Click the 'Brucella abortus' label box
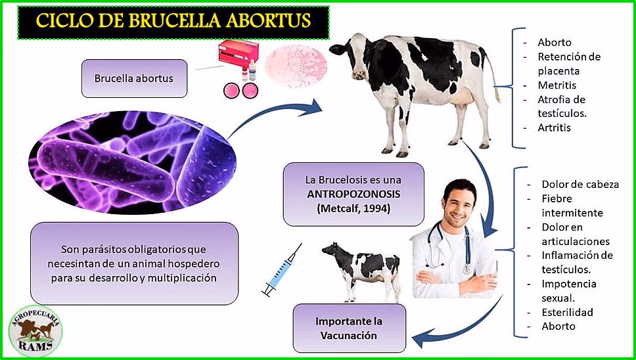tap(133, 78)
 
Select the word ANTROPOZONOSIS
tap(352, 194)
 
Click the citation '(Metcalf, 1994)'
tap(353, 209)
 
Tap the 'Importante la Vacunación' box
tap(349, 328)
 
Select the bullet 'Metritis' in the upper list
tap(556, 85)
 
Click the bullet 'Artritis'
tap(554, 127)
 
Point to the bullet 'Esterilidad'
tap(567, 312)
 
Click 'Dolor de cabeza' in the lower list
tap(579, 184)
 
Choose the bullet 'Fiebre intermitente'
tap(572, 205)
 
